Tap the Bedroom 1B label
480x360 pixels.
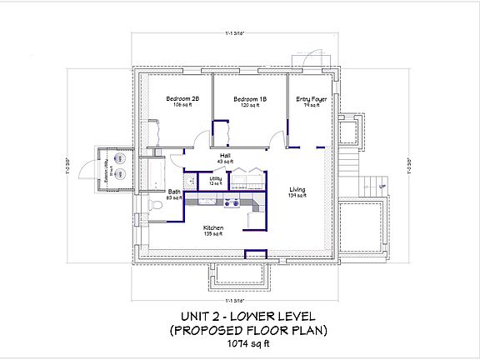click(x=250, y=99)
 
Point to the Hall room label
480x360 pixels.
click(x=225, y=156)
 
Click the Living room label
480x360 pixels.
click(x=297, y=191)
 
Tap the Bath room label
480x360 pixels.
click(x=173, y=192)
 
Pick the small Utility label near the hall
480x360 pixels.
click(x=215, y=178)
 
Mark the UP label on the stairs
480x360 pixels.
click(x=382, y=186)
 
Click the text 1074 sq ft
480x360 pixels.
click(x=239, y=342)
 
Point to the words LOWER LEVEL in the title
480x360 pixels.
click(x=268, y=317)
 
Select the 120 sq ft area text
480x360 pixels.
click(x=250, y=106)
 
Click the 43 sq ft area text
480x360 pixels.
click(x=225, y=162)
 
